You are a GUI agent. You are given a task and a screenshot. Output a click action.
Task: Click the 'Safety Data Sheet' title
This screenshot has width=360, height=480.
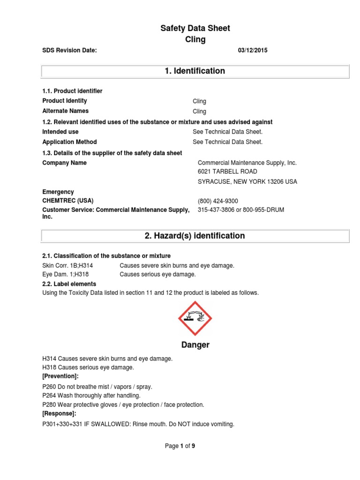click(x=195, y=29)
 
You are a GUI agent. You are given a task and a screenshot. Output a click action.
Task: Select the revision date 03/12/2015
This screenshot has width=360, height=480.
click(x=253, y=51)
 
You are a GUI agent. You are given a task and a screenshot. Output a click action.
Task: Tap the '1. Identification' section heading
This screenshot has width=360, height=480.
click(x=195, y=71)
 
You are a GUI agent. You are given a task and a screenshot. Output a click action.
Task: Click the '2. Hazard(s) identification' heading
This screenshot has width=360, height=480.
click(x=195, y=236)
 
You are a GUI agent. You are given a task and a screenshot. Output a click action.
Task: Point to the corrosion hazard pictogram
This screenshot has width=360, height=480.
click(x=195, y=318)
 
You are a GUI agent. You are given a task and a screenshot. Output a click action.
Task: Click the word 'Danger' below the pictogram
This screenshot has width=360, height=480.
click(x=195, y=345)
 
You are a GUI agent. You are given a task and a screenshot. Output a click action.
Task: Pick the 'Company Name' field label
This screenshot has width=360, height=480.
click(x=64, y=163)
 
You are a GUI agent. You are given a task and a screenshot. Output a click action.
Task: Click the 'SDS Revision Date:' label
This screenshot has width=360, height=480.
click(x=69, y=51)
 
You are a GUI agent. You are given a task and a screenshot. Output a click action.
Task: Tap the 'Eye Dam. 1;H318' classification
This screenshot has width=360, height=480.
click(x=66, y=274)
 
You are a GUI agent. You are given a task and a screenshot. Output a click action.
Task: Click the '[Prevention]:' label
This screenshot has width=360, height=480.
click(x=60, y=376)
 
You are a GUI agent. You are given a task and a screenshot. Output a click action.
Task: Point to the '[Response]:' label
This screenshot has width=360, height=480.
click(x=59, y=413)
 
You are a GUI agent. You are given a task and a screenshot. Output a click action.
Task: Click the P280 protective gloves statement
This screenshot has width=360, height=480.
click(x=123, y=405)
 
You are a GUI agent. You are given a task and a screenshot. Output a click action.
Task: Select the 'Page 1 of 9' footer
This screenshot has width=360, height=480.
click(x=180, y=446)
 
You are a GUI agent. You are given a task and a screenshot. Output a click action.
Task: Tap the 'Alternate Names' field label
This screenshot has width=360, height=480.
click(x=65, y=111)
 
